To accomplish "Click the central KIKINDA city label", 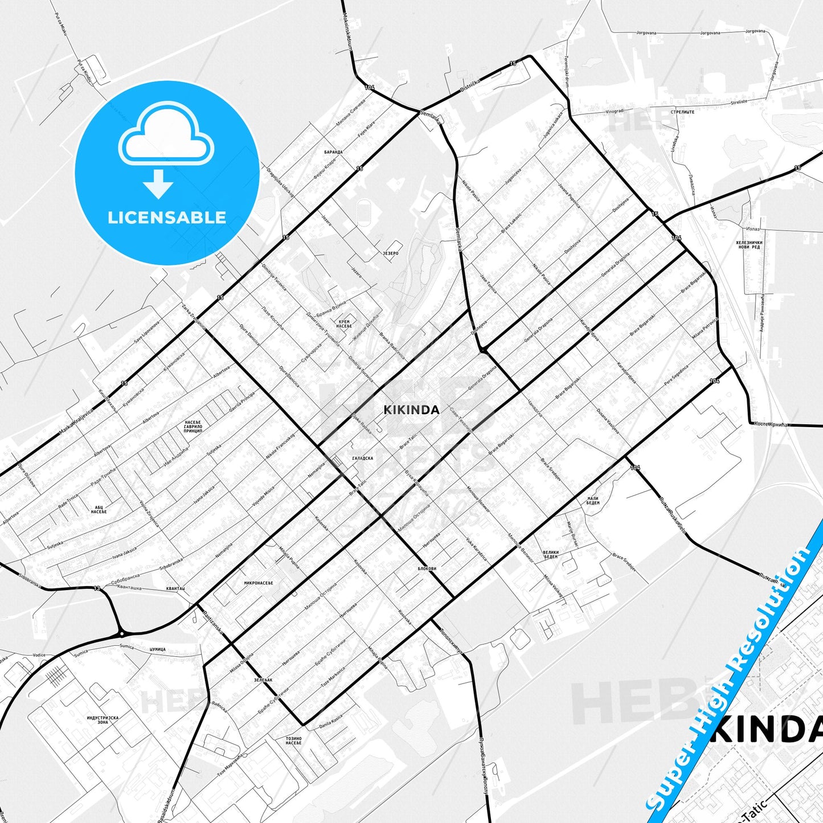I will click(x=411, y=410).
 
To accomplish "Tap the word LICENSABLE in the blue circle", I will click(x=167, y=217).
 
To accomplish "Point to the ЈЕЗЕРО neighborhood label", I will click(x=390, y=253).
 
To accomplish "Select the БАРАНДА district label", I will click(x=333, y=152).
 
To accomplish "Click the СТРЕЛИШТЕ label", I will click(x=682, y=112).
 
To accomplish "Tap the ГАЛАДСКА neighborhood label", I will click(x=363, y=458).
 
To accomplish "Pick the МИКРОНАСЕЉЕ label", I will click(x=259, y=583).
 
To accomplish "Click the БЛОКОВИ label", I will click(x=427, y=568).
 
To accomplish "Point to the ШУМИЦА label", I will click(x=157, y=649).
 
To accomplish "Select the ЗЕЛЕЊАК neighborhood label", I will click(x=264, y=680).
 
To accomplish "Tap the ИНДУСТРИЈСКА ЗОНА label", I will click(x=103, y=720).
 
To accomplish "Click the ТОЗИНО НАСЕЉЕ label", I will click(x=294, y=741).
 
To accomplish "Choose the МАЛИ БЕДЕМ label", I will click(x=593, y=501).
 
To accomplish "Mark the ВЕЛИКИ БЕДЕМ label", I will click(x=551, y=554).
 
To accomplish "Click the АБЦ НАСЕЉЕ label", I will click(x=99, y=509).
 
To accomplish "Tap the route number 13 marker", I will click(x=96, y=588).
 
